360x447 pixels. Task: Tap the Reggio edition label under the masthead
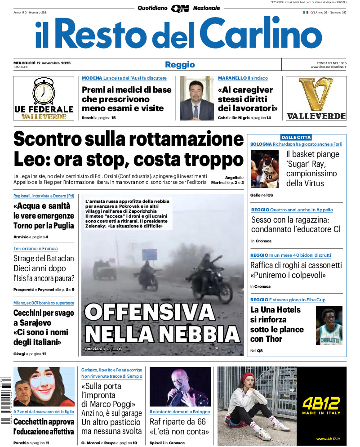click(180, 64)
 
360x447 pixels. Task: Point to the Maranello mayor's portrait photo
click(196, 98)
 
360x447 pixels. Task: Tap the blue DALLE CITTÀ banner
click(296, 137)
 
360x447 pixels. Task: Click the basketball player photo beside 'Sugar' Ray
click(264, 169)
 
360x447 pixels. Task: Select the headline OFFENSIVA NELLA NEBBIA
click(162, 323)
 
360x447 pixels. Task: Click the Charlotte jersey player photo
click(329, 326)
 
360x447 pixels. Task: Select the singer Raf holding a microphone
click(180, 387)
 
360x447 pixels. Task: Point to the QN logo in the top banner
click(180, 8)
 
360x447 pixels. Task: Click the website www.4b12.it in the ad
click(327, 439)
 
